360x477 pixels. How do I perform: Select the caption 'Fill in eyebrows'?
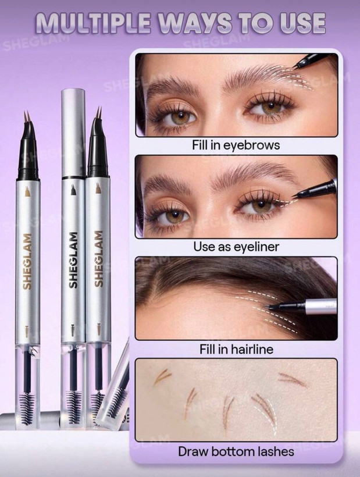tap(236, 145)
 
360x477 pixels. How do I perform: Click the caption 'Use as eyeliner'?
tap(236, 247)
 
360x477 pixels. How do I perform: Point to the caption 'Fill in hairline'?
tap(236, 348)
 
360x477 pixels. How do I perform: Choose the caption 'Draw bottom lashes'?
tap(236, 451)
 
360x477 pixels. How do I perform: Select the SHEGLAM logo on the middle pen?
tap(73, 260)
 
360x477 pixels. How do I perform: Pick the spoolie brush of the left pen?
tap(27, 407)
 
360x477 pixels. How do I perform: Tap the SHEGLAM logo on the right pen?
tap(98, 259)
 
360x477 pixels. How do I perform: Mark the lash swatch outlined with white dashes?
tap(265, 412)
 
